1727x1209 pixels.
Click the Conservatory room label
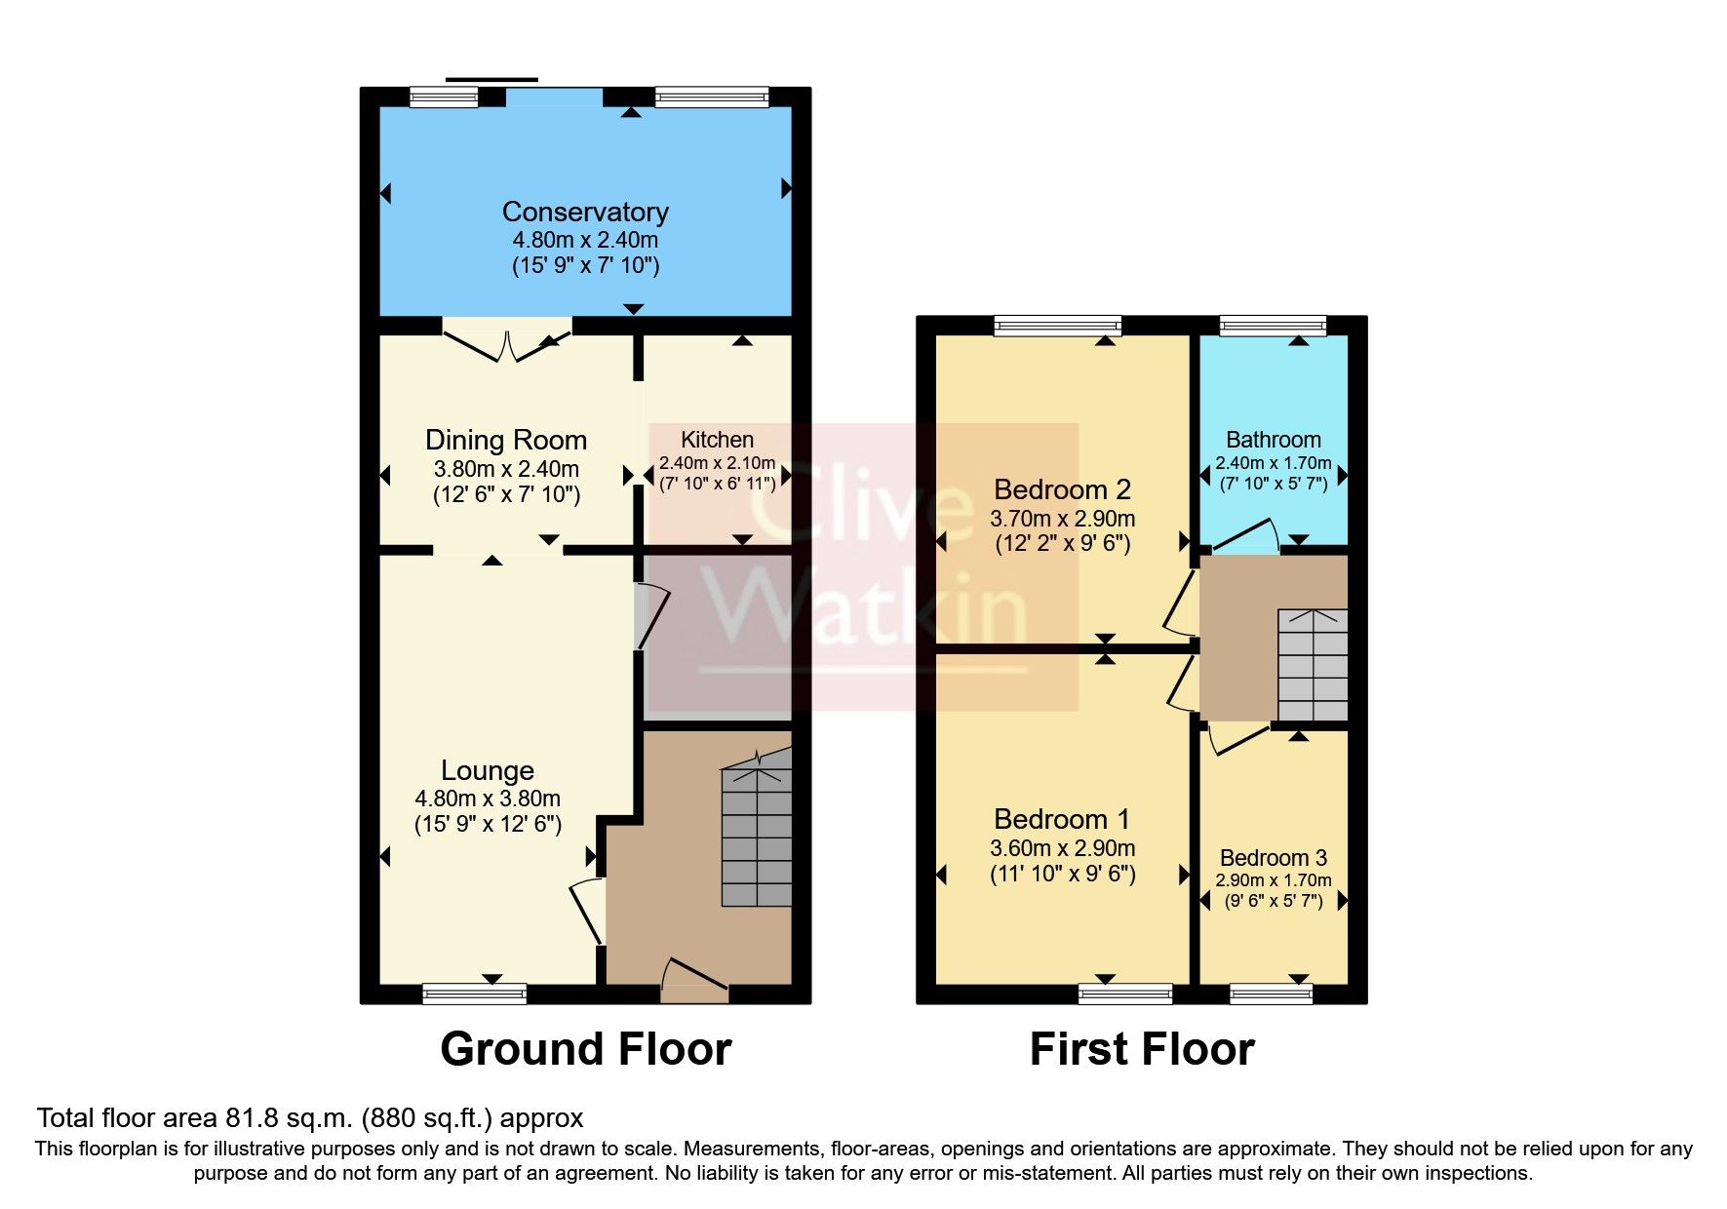(x=585, y=212)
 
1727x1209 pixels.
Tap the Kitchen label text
(x=717, y=440)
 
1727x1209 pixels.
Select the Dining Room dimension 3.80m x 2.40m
(x=506, y=468)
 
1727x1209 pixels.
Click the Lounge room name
(x=488, y=770)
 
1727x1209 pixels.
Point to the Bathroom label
(x=1273, y=440)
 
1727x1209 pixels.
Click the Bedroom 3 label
(x=1273, y=858)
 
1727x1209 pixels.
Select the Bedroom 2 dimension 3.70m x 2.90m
(x=1062, y=519)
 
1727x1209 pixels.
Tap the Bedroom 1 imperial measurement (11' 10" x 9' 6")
(x=1062, y=874)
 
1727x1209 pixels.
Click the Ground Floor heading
(x=585, y=1049)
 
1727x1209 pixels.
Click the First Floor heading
(x=1141, y=1049)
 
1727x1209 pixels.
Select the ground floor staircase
(x=756, y=834)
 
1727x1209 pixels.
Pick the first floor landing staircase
(x=1312, y=665)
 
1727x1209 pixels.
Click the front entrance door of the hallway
(x=694, y=980)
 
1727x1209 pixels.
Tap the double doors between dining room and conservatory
(x=507, y=344)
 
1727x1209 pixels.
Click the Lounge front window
(x=474, y=994)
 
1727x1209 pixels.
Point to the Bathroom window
(x=1273, y=326)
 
